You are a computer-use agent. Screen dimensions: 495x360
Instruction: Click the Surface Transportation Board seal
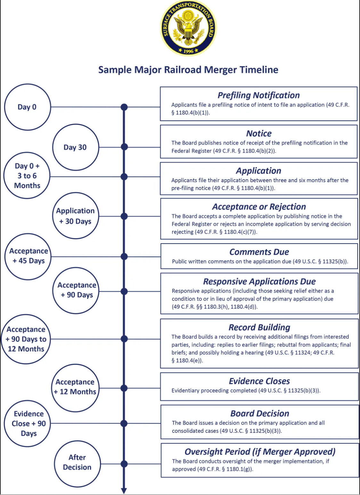coord(188,28)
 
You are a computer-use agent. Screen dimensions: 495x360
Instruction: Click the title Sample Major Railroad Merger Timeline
coord(188,70)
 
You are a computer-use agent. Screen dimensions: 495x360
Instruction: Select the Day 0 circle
coord(28,107)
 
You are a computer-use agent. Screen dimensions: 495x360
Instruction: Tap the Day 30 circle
coord(75,147)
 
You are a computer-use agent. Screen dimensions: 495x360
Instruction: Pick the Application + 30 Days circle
coord(75,216)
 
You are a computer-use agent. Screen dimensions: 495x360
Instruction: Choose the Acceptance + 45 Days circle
coord(28,256)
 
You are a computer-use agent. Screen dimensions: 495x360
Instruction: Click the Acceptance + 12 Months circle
coord(75,387)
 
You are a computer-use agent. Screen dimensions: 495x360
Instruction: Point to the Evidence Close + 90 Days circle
coord(28,424)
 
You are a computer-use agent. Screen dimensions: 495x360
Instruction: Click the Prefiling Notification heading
coord(258,95)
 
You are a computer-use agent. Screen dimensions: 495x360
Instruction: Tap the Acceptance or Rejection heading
coord(259,206)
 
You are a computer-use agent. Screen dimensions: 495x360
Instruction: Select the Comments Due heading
coord(259,252)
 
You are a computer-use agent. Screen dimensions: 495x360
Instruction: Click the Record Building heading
coord(259,327)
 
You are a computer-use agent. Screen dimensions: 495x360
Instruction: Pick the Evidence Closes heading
coord(259,381)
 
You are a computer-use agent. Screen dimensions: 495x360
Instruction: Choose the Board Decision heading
coord(259,414)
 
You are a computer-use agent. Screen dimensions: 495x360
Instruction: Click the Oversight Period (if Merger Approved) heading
coord(260,452)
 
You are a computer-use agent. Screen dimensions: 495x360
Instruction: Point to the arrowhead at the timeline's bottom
coord(124,491)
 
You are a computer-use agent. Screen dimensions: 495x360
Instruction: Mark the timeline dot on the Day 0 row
coord(124,107)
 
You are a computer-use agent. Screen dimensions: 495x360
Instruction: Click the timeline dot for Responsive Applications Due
coord(124,291)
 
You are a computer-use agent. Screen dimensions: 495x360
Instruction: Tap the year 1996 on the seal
coord(188,51)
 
